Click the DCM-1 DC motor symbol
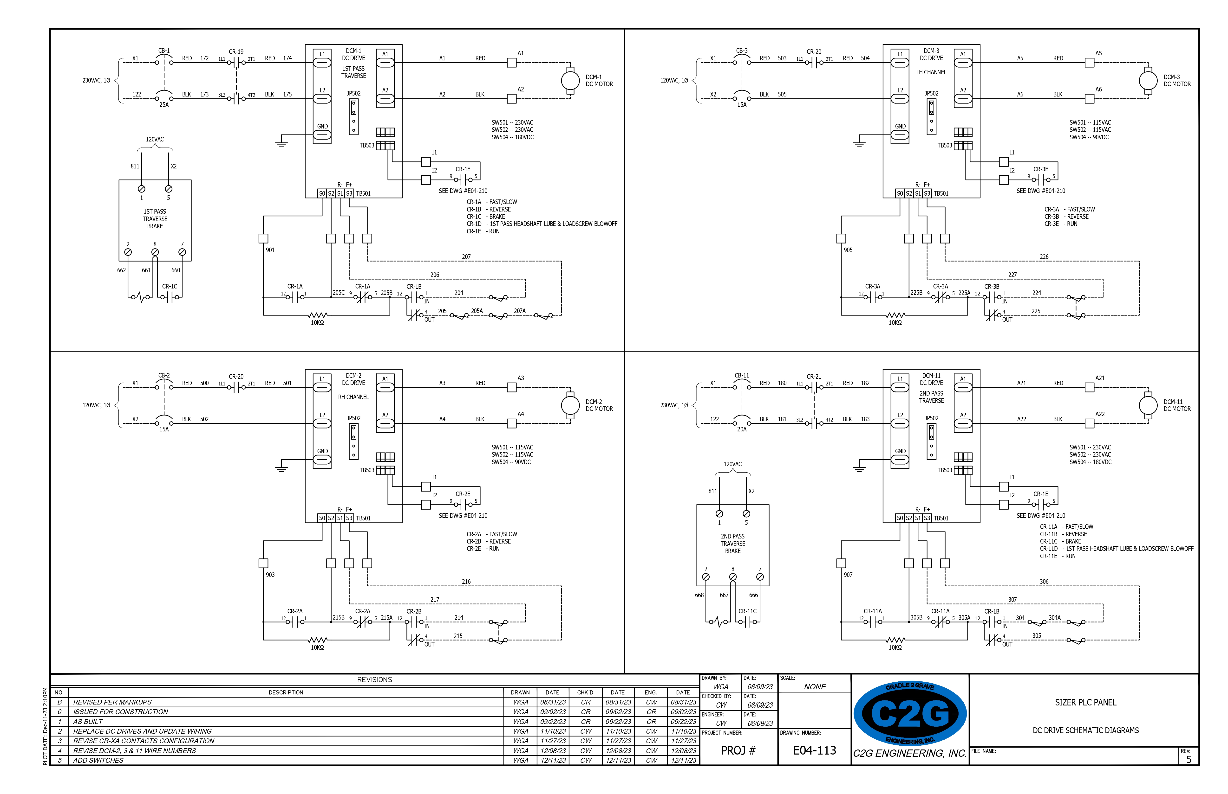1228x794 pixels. (570, 80)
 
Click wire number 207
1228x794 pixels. (466, 257)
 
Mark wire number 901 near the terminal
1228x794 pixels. (270, 250)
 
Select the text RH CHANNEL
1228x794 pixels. (353, 397)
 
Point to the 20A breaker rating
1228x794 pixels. (741, 429)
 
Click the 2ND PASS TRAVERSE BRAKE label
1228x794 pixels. (733, 544)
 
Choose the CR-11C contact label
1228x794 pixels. (747, 611)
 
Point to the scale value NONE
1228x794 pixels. (815, 687)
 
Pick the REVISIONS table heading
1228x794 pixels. (375, 679)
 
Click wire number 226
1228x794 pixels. (1044, 257)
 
